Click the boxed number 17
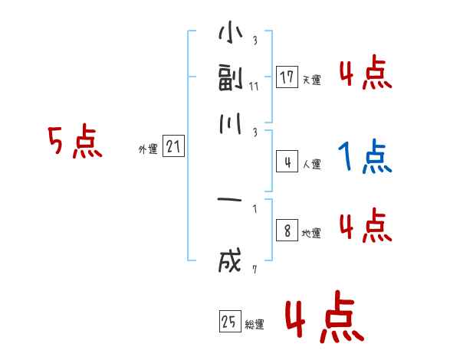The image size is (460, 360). (x=287, y=77)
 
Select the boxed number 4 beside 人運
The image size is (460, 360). (x=287, y=162)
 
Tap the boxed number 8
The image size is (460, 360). (x=287, y=231)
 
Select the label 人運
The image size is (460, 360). (x=312, y=165)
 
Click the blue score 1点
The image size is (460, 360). (x=364, y=158)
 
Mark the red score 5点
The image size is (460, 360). (x=75, y=143)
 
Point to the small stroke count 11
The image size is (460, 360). (x=254, y=86)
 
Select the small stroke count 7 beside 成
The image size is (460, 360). (x=254, y=269)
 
